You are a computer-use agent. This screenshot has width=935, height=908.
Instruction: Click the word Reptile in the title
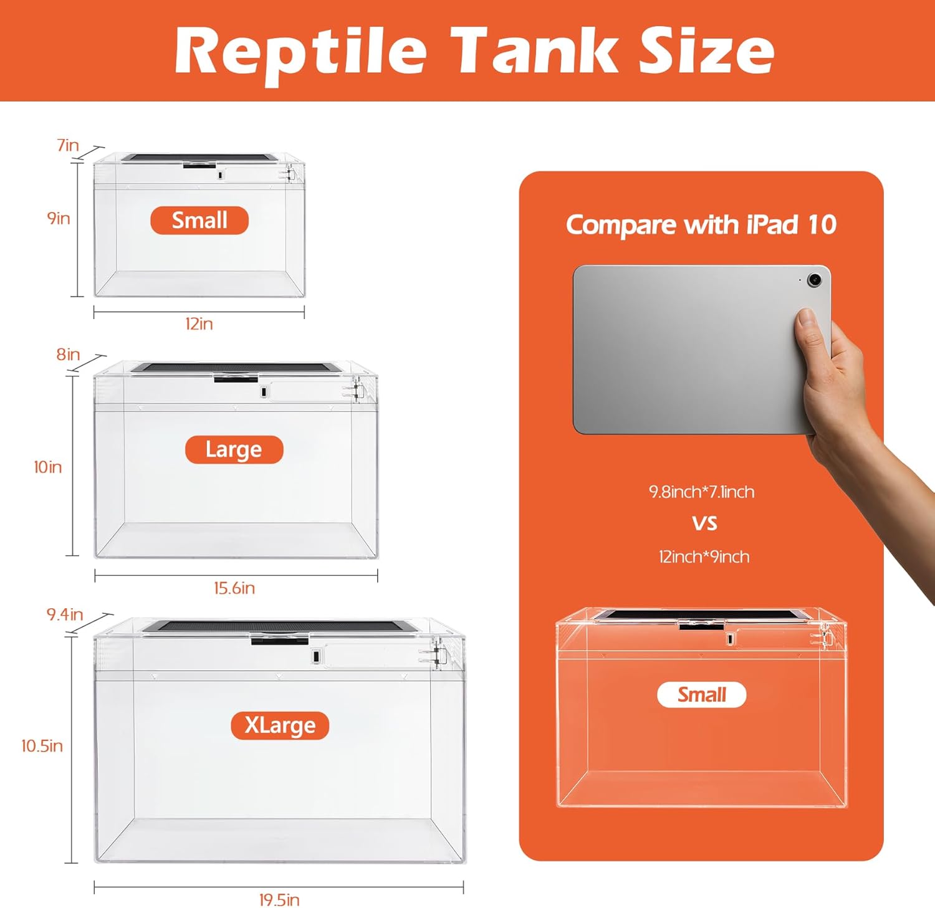coord(300,51)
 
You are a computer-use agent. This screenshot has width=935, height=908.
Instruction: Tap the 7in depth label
coord(68,145)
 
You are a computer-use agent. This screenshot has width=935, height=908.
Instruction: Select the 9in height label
coord(59,218)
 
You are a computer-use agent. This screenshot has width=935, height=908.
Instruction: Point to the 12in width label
coord(199,324)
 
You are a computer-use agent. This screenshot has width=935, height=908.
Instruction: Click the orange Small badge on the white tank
coord(199,221)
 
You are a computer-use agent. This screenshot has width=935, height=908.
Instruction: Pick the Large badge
coord(234,449)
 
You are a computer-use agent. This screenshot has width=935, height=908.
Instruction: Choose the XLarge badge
coord(280,725)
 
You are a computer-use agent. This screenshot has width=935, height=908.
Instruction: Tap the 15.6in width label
coord(234,588)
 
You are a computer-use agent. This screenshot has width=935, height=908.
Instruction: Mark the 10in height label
coord(48,467)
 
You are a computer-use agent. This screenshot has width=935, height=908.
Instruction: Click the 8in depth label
coord(68,355)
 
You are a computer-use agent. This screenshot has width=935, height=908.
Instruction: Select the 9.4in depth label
coord(65,614)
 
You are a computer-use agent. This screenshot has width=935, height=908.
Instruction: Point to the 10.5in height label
coord(42,746)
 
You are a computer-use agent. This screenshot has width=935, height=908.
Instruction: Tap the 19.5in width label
coord(279,900)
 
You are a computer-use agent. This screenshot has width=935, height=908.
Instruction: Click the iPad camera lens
coord(814,280)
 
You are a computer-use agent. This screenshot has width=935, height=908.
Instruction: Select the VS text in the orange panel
coord(704,523)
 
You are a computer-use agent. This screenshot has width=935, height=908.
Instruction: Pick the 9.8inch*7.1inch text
coord(702,492)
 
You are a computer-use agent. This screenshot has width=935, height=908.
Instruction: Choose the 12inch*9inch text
coord(704,557)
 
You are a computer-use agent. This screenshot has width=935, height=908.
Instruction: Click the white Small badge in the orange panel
coord(702,695)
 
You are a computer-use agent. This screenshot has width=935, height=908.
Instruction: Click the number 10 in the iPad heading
coord(822,225)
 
